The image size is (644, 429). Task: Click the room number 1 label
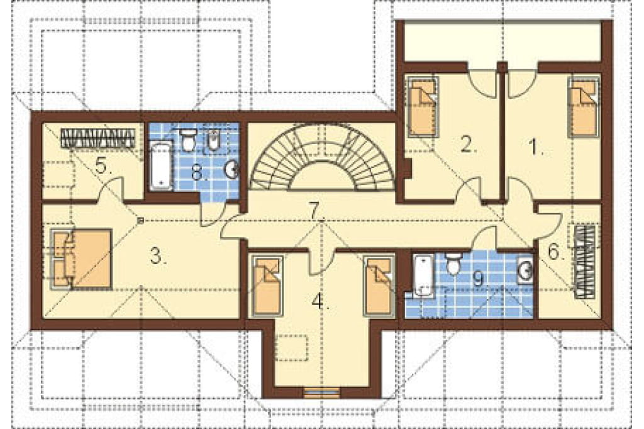535,147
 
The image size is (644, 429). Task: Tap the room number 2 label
468,145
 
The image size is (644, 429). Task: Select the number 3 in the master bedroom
158,257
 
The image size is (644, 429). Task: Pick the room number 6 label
555,252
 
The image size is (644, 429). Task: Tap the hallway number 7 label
316,211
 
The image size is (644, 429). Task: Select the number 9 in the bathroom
478,279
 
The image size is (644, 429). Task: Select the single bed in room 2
423,106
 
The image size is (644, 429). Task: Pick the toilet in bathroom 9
453,264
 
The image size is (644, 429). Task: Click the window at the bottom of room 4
322,393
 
